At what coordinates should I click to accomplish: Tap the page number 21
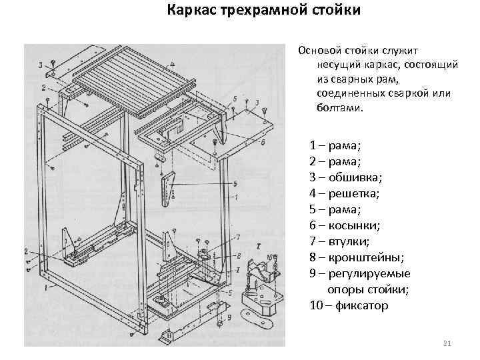pyautogui.click(x=447, y=343)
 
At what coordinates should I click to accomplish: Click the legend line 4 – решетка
pyautogui.click(x=344, y=193)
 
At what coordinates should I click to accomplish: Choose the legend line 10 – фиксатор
pyautogui.click(x=349, y=306)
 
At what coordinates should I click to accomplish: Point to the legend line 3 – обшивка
pyautogui.click(x=346, y=177)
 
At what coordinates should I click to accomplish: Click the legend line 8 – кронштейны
pyautogui.click(x=353, y=257)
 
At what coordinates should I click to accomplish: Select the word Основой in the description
pyautogui.click(x=321, y=50)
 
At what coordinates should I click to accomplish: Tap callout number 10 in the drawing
pyautogui.click(x=269, y=257)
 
